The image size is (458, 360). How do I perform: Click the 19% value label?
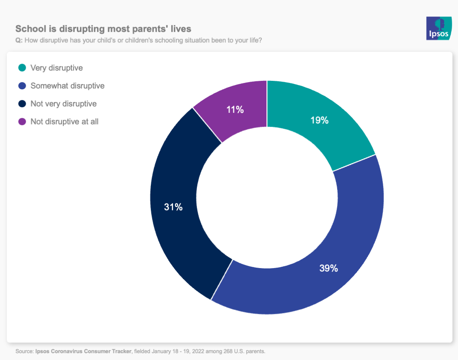[x=320, y=121]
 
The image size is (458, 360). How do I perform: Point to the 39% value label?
[x=329, y=269]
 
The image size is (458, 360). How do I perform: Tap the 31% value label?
[x=173, y=207]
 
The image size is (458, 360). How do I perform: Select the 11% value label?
[x=235, y=110]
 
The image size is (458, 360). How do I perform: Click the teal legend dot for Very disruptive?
[x=22, y=68]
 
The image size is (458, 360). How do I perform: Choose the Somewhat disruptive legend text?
[x=68, y=86]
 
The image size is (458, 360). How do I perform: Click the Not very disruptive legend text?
[x=64, y=103]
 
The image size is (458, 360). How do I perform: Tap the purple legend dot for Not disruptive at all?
[x=22, y=121]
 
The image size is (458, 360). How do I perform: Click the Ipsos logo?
[x=439, y=28]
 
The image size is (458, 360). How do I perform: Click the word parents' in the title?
[x=156, y=29]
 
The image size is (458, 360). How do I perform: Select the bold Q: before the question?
[x=19, y=41]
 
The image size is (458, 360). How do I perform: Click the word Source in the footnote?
[x=23, y=351]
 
